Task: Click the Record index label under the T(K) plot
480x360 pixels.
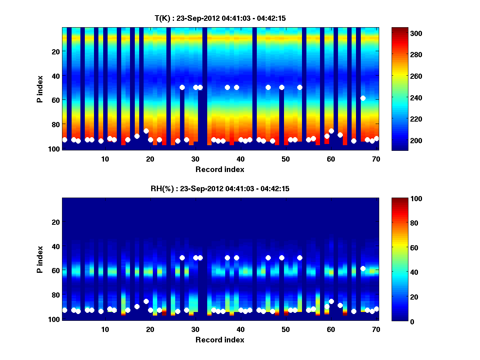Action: pos(220,169)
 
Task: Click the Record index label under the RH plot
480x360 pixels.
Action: pos(220,340)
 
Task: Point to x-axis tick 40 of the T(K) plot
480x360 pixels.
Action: pos(240,158)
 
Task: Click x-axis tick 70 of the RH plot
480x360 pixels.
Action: pos(376,329)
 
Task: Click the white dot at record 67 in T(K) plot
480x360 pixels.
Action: pos(363,98)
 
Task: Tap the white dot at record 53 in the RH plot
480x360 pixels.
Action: pos(300,258)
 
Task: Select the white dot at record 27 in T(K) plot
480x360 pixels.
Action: pos(182,87)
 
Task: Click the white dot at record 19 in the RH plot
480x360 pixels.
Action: pos(146,301)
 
